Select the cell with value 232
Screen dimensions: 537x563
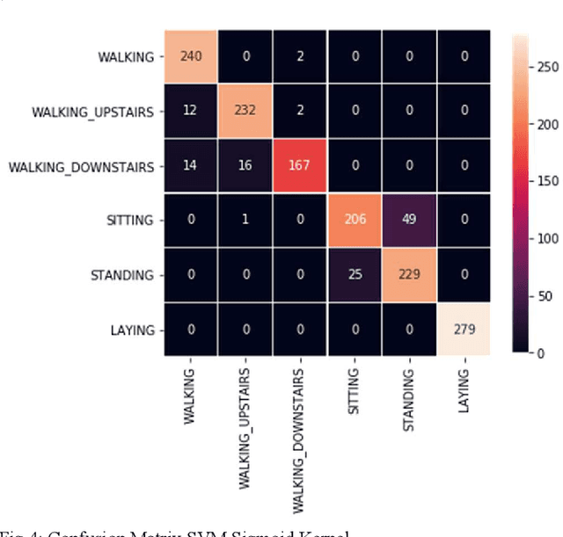245,112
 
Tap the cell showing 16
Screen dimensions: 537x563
245,166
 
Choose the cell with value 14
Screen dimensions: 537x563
192,166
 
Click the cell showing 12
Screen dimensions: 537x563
192,112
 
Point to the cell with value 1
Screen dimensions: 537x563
245,221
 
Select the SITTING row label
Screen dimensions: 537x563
131,221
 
